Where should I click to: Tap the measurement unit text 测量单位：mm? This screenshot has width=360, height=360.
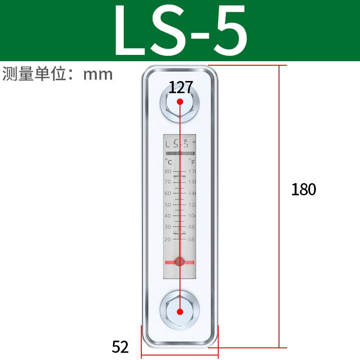[x=58, y=74]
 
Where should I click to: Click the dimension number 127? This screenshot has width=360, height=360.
[x=180, y=87]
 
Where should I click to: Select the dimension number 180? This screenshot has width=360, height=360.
[x=304, y=189]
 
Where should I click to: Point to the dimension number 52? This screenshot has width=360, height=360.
[x=120, y=346]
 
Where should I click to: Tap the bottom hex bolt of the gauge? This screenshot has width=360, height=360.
[x=180, y=311]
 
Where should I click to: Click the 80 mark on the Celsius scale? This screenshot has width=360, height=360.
[x=168, y=171]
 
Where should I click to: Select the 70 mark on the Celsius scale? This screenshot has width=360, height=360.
[x=168, y=182]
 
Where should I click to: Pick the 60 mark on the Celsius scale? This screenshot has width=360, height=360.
[x=168, y=193]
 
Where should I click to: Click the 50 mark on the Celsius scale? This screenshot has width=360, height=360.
[x=168, y=205]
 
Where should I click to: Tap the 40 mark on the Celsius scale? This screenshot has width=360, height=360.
[x=168, y=216]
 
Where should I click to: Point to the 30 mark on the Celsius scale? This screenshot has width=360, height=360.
[x=168, y=227]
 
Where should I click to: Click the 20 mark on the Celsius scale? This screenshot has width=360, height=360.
[x=168, y=239]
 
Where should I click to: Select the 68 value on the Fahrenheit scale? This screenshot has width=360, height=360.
[x=191, y=239]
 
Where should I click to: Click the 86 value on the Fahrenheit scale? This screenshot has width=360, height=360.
[x=191, y=227]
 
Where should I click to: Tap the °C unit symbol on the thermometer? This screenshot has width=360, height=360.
[x=168, y=161]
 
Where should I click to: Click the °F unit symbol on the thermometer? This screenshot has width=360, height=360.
[x=192, y=161]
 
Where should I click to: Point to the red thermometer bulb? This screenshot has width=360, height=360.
[x=180, y=261]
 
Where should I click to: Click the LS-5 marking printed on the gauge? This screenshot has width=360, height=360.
[x=177, y=144]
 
